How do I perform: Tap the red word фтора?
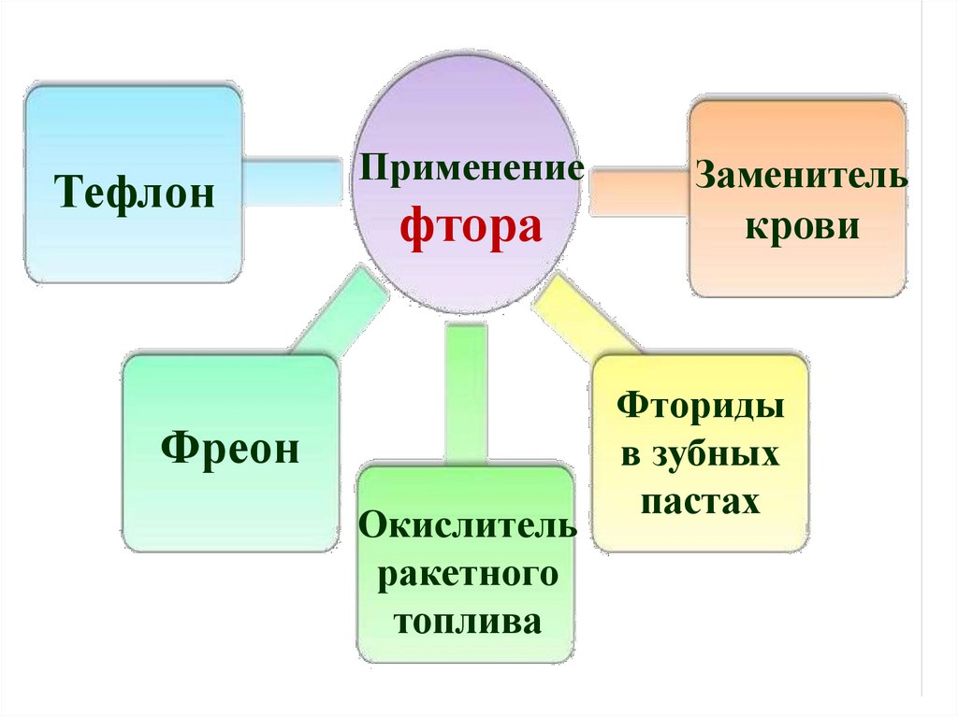pyautogui.click(x=472, y=228)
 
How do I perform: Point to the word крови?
pyautogui.click(x=802, y=226)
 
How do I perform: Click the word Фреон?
pyautogui.click(x=230, y=449)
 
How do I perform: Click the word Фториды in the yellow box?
pyautogui.click(x=700, y=408)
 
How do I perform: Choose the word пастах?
pyautogui.click(x=700, y=503)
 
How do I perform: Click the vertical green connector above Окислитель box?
pyautogui.click(x=466, y=393)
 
